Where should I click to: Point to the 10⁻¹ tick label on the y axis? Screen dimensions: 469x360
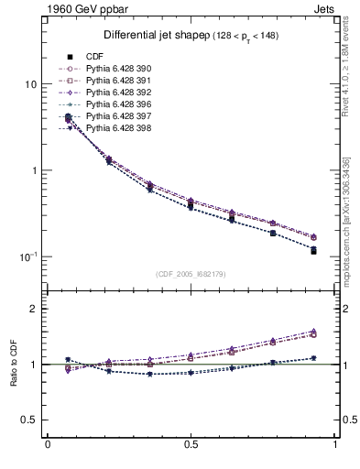click(x=27, y=256)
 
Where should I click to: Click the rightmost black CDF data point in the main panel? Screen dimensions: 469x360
click(x=313, y=251)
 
